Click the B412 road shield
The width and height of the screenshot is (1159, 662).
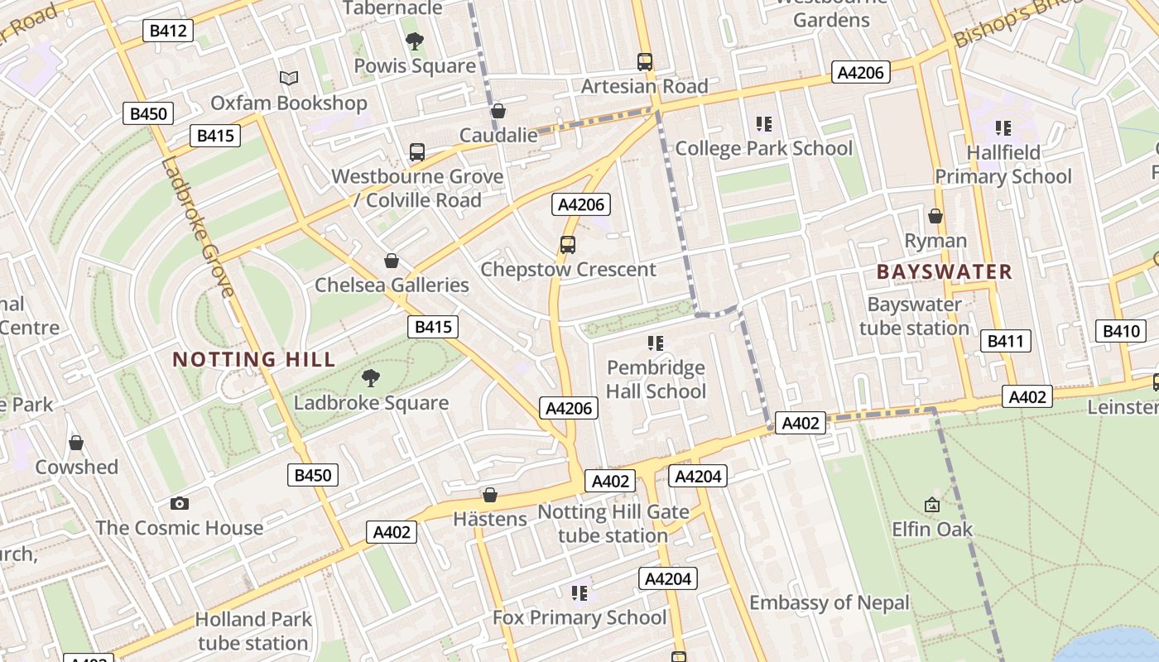pos(169,31)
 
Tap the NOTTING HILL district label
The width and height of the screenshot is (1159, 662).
pos(254,359)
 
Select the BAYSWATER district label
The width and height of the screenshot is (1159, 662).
pos(944,271)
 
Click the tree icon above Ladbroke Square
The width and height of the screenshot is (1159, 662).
pos(371,378)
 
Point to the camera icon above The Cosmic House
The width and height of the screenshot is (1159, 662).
pos(179,503)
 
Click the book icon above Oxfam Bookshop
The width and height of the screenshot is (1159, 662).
pos(288,78)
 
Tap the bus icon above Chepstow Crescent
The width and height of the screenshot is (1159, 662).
pos(567,245)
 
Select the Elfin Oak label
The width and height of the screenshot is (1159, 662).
pos(932,529)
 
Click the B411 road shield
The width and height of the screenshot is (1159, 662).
pos(1006,341)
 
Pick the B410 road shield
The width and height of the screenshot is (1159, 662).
pos(1122,332)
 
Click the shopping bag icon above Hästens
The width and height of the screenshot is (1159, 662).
pos(490,495)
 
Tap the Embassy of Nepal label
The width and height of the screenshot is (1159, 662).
pos(830,602)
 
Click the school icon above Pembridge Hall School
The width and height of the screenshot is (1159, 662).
pos(656,343)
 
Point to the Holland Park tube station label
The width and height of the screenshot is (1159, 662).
pos(253,631)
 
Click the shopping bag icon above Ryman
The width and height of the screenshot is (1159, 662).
pos(935,216)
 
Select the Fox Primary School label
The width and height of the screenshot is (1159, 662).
pos(579,617)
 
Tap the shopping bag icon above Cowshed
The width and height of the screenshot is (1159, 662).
pos(76,443)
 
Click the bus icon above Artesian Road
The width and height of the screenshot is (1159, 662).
pos(645,61)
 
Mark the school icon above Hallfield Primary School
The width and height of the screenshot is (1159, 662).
pos(1003,128)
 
